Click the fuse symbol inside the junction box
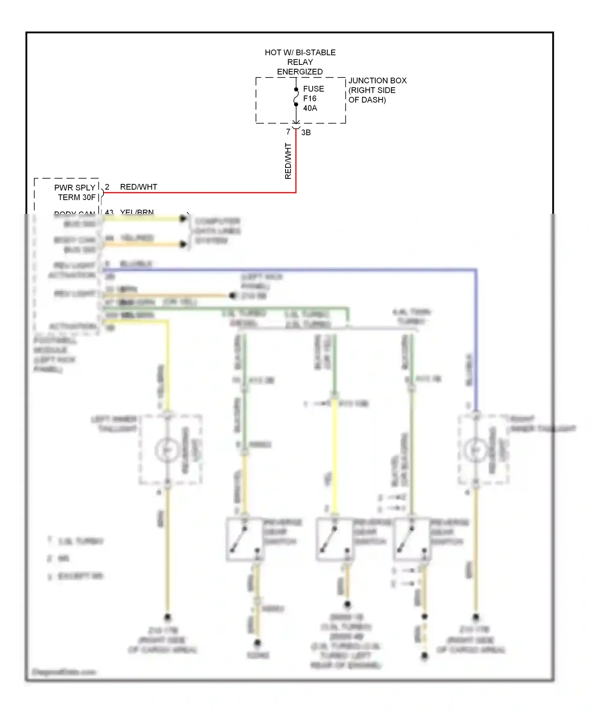click(296, 97)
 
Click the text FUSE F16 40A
click(313, 99)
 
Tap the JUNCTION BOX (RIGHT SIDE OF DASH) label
click(377, 90)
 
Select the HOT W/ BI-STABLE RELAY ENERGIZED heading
click(300, 62)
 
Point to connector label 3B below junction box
click(306, 133)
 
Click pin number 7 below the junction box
click(288, 132)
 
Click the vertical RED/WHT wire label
click(288, 161)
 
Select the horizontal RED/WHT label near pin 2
click(138, 187)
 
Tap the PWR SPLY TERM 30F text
click(75, 193)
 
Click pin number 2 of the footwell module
click(107, 187)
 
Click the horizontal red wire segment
click(197, 193)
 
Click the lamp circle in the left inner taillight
click(168, 450)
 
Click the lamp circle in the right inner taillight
click(476, 450)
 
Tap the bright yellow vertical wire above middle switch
click(334, 456)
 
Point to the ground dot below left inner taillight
click(168, 617)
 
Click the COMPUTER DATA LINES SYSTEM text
click(217, 231)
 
